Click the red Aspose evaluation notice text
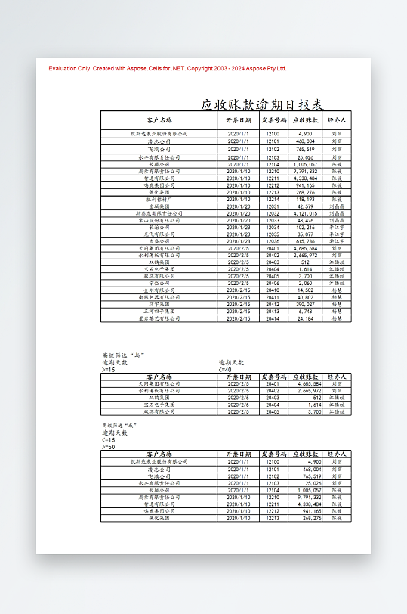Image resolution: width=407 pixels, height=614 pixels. pyautogui.click(x=168, y=68)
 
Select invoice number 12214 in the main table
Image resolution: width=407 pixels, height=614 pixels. pyautogui.click(x=273, y=198)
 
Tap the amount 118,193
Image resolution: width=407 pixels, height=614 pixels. pyautogui.click(x=306, y=198)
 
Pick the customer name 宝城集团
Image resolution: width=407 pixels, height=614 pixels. pyautogui.click(x=159, y=206)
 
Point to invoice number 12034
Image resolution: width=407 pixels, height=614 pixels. pyautogui.click(x=273, y=227)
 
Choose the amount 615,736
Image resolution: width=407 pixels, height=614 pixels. pyautogui.click(x=306, y=241)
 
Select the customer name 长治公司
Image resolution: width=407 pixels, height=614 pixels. pyautogui.click(x=159, y=227)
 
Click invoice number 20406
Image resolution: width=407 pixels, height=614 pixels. pyautogui.click(x=273, y=283)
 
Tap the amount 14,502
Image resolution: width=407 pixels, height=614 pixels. pyautogui.click(x=306, y=290)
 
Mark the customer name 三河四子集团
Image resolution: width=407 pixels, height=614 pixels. pyautogui.click(x=159, y=312)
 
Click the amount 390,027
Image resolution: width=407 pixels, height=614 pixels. pyautogui.click(x=306, y=304)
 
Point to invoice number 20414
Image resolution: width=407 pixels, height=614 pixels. pyautogui.click(x=273, y=318)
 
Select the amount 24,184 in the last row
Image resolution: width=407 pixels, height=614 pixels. pyautogui.click(x=306, y=318)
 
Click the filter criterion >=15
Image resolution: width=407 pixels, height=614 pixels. pyautogui.click(x=109, y=370)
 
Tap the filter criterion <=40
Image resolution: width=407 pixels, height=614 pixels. pyautogui.click(x=225, y=370)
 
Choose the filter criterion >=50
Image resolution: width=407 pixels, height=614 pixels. pyautogui.click(x=109, y=447)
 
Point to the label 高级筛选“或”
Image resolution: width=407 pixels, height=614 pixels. pyautogui.click(x=119, y=426)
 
